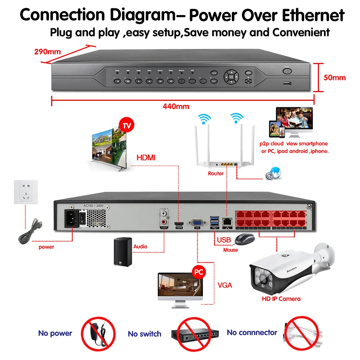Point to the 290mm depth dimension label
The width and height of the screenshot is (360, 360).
coord(47,51)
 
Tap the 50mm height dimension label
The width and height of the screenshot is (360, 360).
coord(334,77)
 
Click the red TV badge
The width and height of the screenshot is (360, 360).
coord(126,126)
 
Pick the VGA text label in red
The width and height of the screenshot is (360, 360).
coord(225,285)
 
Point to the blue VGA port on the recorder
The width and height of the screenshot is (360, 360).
coord(197,222)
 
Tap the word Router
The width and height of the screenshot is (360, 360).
coord(216,174)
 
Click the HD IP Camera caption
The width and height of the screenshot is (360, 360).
coord(281,299)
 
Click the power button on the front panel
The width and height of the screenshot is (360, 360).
coord(287,71)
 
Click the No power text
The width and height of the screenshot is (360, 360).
coord(55,333)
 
